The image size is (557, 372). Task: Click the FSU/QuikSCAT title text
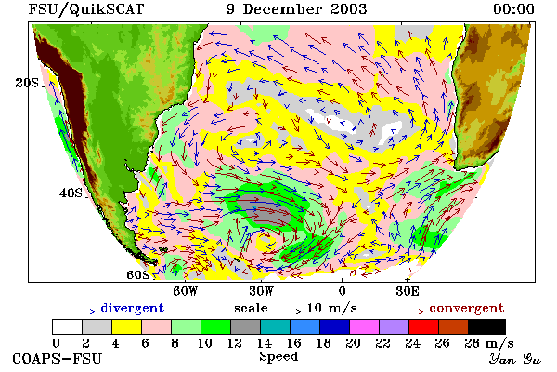(x=86, y=9)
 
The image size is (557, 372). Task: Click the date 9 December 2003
(x=297, y=9)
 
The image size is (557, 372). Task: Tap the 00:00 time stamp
(x=513, y=9)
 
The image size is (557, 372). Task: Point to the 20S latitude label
(x=27, y=83)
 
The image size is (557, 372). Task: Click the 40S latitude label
(x=71, y=193)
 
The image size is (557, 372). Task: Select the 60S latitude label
(x=138, y=275)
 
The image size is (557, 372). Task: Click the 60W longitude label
(x=185, y=291)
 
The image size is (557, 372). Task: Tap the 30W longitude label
(x=262, y=291)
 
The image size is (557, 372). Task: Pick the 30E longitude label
(x=408, y=291)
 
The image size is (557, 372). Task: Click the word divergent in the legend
(x=133, y=308)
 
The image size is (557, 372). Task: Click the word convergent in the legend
(x=467, y=308)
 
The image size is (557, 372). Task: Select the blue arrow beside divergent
(x=82, y=312)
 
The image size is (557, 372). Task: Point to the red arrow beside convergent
(x=410, y=312)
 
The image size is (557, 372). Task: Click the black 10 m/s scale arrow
(x=288, y=312)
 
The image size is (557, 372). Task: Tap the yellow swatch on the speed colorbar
(x=127, y=326)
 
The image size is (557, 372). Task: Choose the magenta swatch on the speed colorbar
(x=365, y=326)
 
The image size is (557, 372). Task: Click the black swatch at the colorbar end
(x=487, y=326)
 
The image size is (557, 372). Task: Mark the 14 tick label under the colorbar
(x=264, y=343)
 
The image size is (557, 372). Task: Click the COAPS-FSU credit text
(x=58, y=358)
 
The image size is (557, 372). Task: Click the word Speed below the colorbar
(x=278, y=357)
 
